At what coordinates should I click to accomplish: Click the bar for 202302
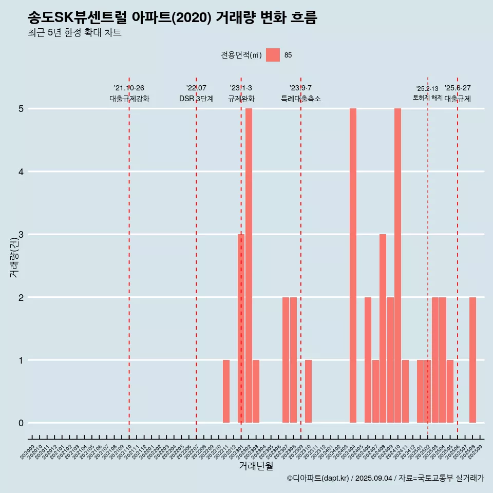[249, 266]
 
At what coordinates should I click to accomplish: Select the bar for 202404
[353, 266]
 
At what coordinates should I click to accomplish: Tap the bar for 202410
[397, 266]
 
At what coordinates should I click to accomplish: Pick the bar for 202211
[226, 391]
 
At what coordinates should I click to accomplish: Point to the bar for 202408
[383, 329]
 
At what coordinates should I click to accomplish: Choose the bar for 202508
[472, 360]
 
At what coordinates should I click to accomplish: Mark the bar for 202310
[308, 391]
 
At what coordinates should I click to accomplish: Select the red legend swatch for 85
[273, 55]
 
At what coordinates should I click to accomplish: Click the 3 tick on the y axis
[21, 235]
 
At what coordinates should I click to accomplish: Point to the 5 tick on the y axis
[21, 109]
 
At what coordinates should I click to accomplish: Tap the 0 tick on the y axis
[21, 423]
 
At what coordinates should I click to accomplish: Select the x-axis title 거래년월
[256, 466]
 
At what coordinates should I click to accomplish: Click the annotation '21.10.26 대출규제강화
[129, 93]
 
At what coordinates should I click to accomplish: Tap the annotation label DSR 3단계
[196, 99]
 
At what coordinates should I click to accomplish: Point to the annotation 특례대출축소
[300, 99]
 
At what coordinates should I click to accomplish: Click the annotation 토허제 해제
[427, 97]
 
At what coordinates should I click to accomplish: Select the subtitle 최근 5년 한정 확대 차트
[75, 33]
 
